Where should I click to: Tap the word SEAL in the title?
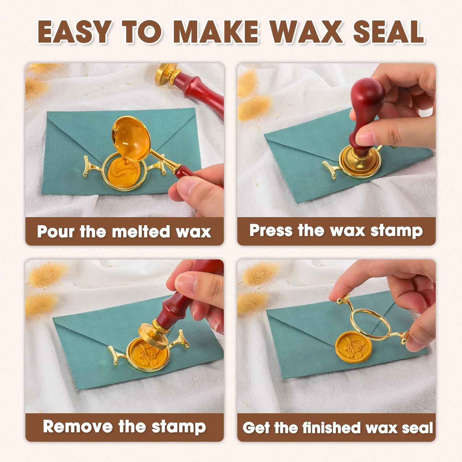(x=388, y=32)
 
